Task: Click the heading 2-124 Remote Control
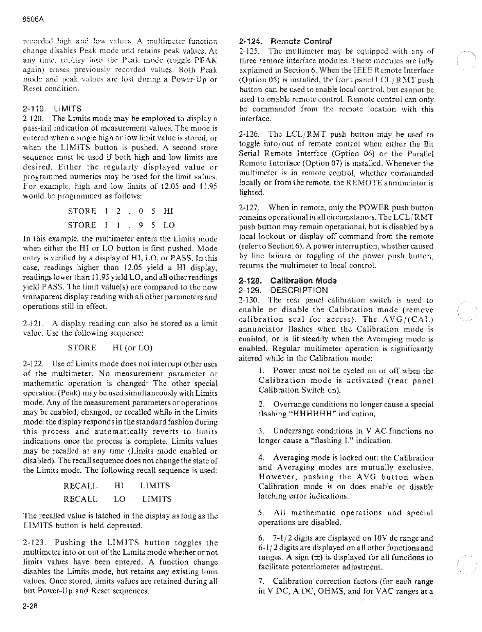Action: pyautogui.click(x=285, y=41)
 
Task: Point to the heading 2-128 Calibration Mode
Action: pyautogui.click(x=287, y=281)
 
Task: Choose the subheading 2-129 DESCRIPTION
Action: pyautogui.click(x=283, y=290)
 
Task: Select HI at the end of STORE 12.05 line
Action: pyautogui.click(x=168, y=211)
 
